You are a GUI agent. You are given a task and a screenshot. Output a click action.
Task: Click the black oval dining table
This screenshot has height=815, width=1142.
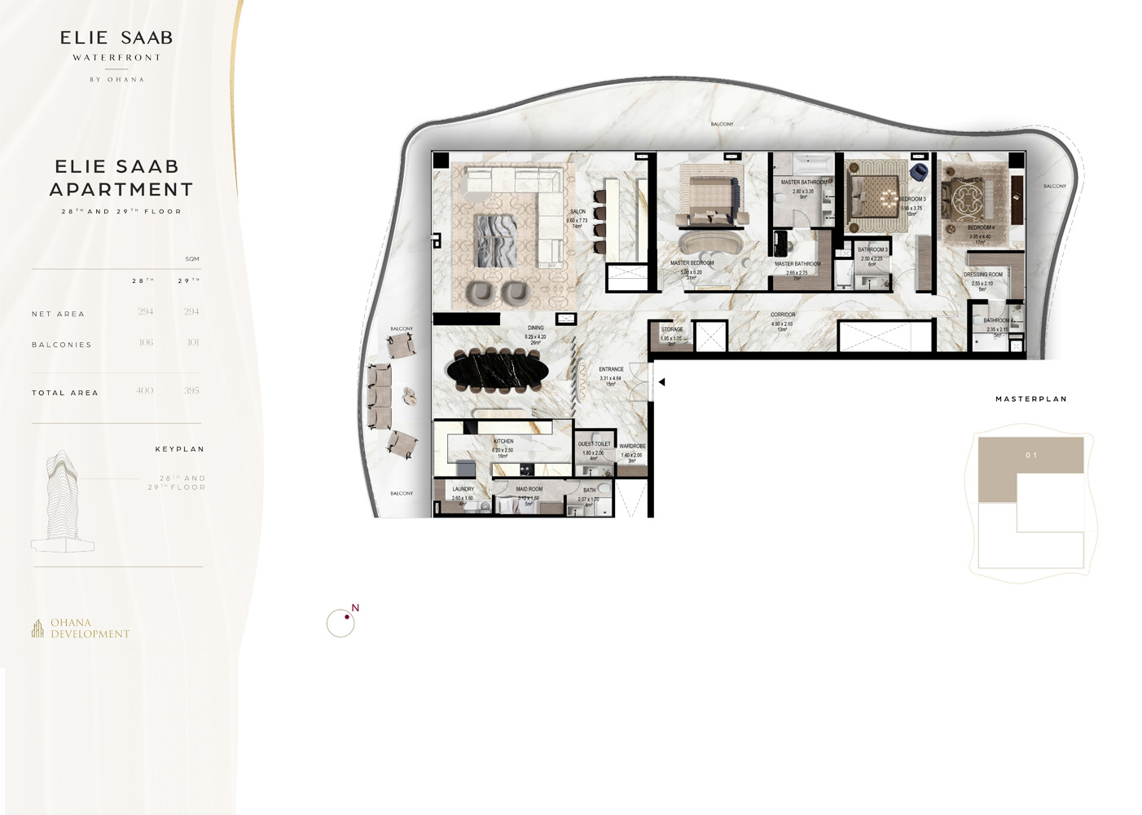[x=498, y=371]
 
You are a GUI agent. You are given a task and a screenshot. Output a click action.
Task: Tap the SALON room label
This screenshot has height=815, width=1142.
[x=578, y=212]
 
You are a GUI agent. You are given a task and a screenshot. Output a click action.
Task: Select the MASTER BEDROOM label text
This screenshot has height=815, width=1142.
[x=692, y=263]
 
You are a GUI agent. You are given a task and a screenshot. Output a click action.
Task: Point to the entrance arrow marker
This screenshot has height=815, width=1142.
[x=661, y=381]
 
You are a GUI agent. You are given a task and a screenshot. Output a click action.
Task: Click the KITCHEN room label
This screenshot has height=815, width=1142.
[x=503, y=441]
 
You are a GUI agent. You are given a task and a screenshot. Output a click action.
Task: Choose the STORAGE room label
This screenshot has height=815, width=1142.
[x=672, y=329]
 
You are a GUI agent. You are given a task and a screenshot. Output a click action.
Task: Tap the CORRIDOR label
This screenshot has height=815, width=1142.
[x=783, y=315]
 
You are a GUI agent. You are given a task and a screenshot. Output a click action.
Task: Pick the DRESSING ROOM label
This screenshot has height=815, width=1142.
[x=983, y=275]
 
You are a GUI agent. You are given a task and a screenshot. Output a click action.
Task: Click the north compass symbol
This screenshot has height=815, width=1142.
[x=341, y=623]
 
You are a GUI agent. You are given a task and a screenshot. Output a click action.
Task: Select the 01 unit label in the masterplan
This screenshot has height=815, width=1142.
[x=1031, y=456]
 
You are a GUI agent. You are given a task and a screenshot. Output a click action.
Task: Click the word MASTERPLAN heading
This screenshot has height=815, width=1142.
[x=1031, y=399]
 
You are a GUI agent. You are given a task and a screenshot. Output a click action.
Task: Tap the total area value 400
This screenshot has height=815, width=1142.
[x=145, y=391]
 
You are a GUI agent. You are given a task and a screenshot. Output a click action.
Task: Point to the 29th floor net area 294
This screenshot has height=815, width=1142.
[x=191, y=311]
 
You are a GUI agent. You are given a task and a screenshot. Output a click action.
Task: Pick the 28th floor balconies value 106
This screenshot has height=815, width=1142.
[x=146, y=342]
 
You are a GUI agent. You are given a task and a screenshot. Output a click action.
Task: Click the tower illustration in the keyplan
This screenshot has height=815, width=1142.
[x=62, y=501]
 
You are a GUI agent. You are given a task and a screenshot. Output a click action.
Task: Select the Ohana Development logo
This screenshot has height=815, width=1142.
[x=81, y=628]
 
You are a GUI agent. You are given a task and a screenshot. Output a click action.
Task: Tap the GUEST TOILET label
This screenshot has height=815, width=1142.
[x=594, y=444]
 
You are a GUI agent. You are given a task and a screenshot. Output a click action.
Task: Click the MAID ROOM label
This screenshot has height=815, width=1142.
[x=529, y=489]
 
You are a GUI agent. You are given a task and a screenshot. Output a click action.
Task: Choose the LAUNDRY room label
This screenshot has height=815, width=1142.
[x=463, y=489]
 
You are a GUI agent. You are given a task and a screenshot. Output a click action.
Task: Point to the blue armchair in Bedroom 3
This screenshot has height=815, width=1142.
[x=919, y=172]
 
